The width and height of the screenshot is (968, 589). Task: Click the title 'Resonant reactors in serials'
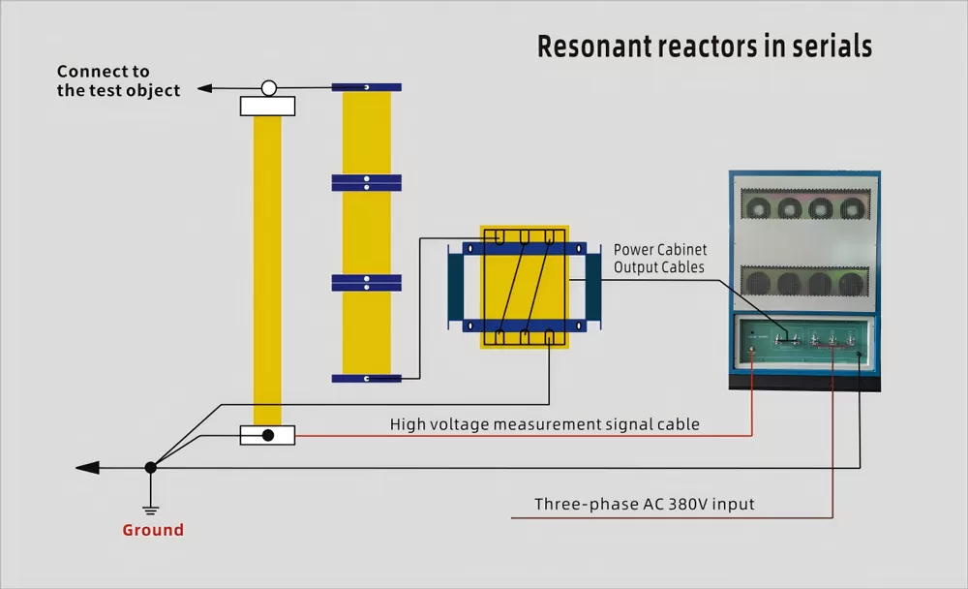pos(704,46)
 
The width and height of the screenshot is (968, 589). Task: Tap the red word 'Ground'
pos(153,530)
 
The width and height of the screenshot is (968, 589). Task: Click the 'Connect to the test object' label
pos(118,80)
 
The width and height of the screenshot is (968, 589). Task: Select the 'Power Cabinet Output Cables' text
pos(659,259)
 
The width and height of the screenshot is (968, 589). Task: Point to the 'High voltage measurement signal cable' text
pos(544,424)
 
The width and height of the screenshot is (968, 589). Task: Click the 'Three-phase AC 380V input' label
pos(644,505)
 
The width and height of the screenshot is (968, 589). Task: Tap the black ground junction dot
pos(150,468)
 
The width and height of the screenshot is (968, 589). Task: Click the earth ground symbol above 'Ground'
pos(150,505)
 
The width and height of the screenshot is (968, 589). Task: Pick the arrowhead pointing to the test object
pos(203,89)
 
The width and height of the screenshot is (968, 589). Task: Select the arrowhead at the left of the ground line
pos(87,468)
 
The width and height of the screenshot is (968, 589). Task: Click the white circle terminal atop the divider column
pos(269,88)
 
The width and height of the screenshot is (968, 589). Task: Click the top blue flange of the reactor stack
pos(366,87)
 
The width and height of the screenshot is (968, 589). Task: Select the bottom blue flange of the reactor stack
pos(366,378)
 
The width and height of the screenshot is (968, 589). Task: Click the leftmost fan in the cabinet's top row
pos(759,208)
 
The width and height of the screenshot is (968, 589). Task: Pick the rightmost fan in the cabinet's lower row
pos(851,283)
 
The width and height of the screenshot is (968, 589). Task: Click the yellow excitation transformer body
pos(523,287)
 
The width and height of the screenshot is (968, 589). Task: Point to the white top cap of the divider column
pos(267,106)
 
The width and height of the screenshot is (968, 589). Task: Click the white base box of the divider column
pos(267,436)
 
